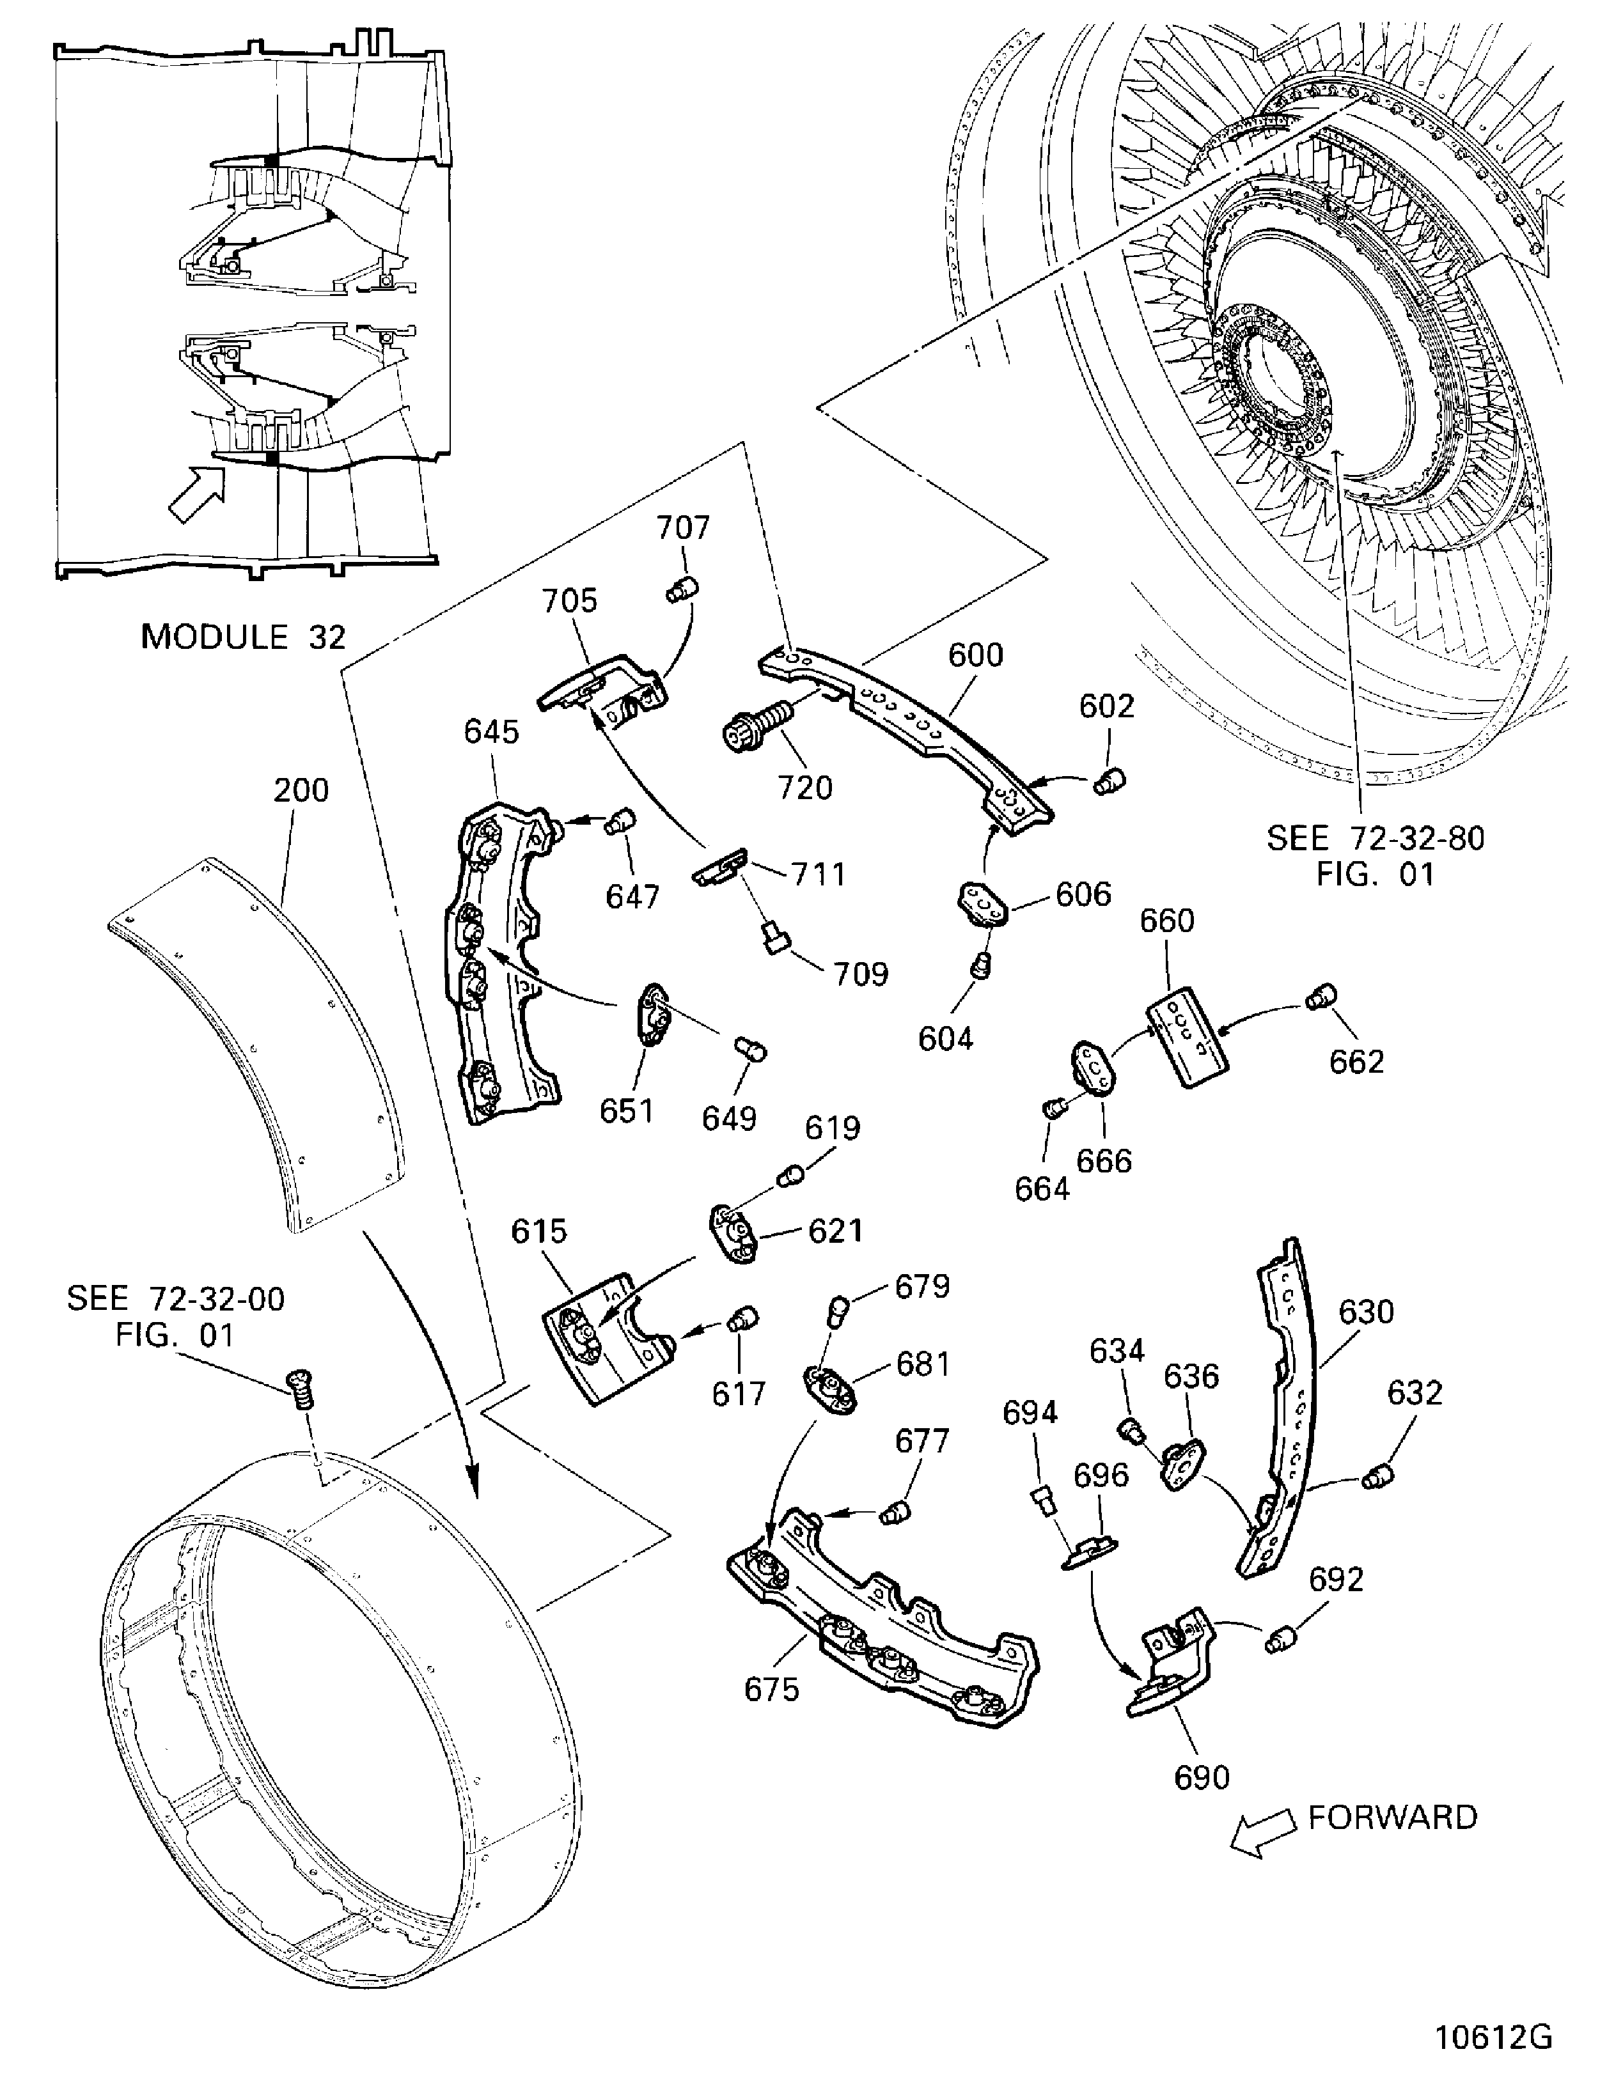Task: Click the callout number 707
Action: point(683,528)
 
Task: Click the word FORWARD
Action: point(1392,1817)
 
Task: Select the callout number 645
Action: point(491,733)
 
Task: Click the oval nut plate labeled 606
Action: point(983,903)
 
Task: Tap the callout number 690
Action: point(1202,1777)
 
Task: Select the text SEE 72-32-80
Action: point(1376,839)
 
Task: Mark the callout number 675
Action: point(771,1690)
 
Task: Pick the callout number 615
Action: point(539,1231)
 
